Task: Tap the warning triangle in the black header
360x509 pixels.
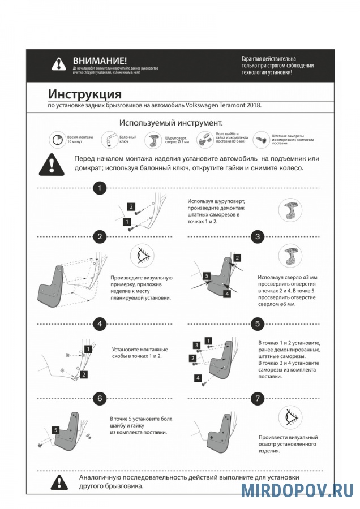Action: pyautogui.click(x=59, y=64)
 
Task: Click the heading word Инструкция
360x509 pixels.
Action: pyautogui.click(x=84, y=93)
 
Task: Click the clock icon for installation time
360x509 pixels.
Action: pyautogui.click(x=55, y=139)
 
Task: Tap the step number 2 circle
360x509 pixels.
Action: pyautogui.click(x=100, y=236)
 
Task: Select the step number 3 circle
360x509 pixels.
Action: pyautogui.click(x=258, y=236)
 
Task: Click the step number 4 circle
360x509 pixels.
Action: pyautogui.click(x=100, y=324)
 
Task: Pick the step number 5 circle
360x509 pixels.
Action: pyautogui.click(x=258, y=324)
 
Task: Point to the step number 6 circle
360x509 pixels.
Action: pyautogui.click(x=100, y=398)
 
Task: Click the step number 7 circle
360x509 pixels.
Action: pyautogui.click(x=258, y=398)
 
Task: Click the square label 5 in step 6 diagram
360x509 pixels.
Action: pyautogui.click(x=55, y=430)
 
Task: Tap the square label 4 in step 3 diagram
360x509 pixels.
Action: pyautogui.click(x=226, y=294)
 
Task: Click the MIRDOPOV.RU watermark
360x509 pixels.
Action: pyautogui.click(x=297, y=490)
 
